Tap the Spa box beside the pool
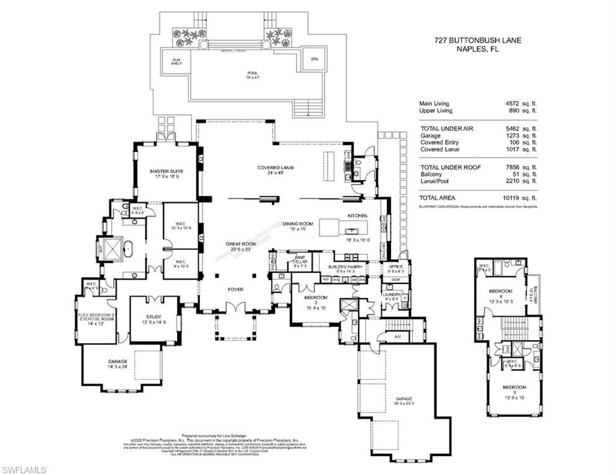click(311, 59)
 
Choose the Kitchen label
click(357, 216)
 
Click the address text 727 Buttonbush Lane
click(477, 41)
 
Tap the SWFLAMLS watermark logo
click(24, 471)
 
